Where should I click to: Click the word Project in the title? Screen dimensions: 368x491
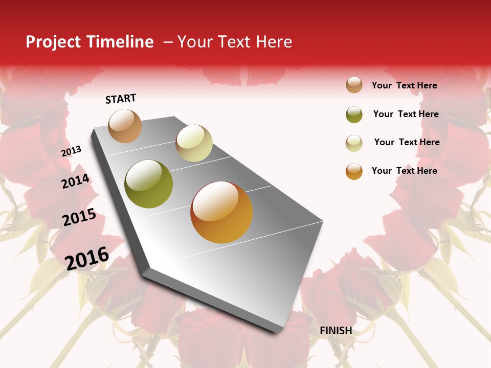[x=52, y=42]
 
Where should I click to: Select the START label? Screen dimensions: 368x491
[x=121, y=99]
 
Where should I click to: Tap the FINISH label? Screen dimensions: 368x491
[x=336, y=331]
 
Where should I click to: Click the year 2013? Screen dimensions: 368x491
[x=72, y=151]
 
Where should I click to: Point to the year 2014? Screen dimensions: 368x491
[x=76, y=181]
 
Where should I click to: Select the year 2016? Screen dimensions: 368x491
[x=87, y=258]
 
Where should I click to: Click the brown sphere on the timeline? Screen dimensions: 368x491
[x=125, y=126]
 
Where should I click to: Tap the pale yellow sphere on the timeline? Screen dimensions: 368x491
[x=194, y=143]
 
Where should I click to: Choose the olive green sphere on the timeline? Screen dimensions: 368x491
[x=149, y=184]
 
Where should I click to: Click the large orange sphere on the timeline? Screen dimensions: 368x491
[x=221, y=212]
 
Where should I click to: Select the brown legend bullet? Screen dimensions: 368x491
[x=354, y=85]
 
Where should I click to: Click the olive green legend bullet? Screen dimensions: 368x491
[x=354, y=114]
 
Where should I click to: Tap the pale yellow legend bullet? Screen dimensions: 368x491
[x=354, y=143]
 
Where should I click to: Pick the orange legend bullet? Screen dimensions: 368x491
[x=354, y=171]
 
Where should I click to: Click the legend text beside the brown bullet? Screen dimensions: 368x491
[x=405, y=85]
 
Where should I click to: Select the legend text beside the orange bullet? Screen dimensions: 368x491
[x=405, y=171]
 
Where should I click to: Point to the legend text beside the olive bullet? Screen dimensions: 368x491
[x=406, y=114]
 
